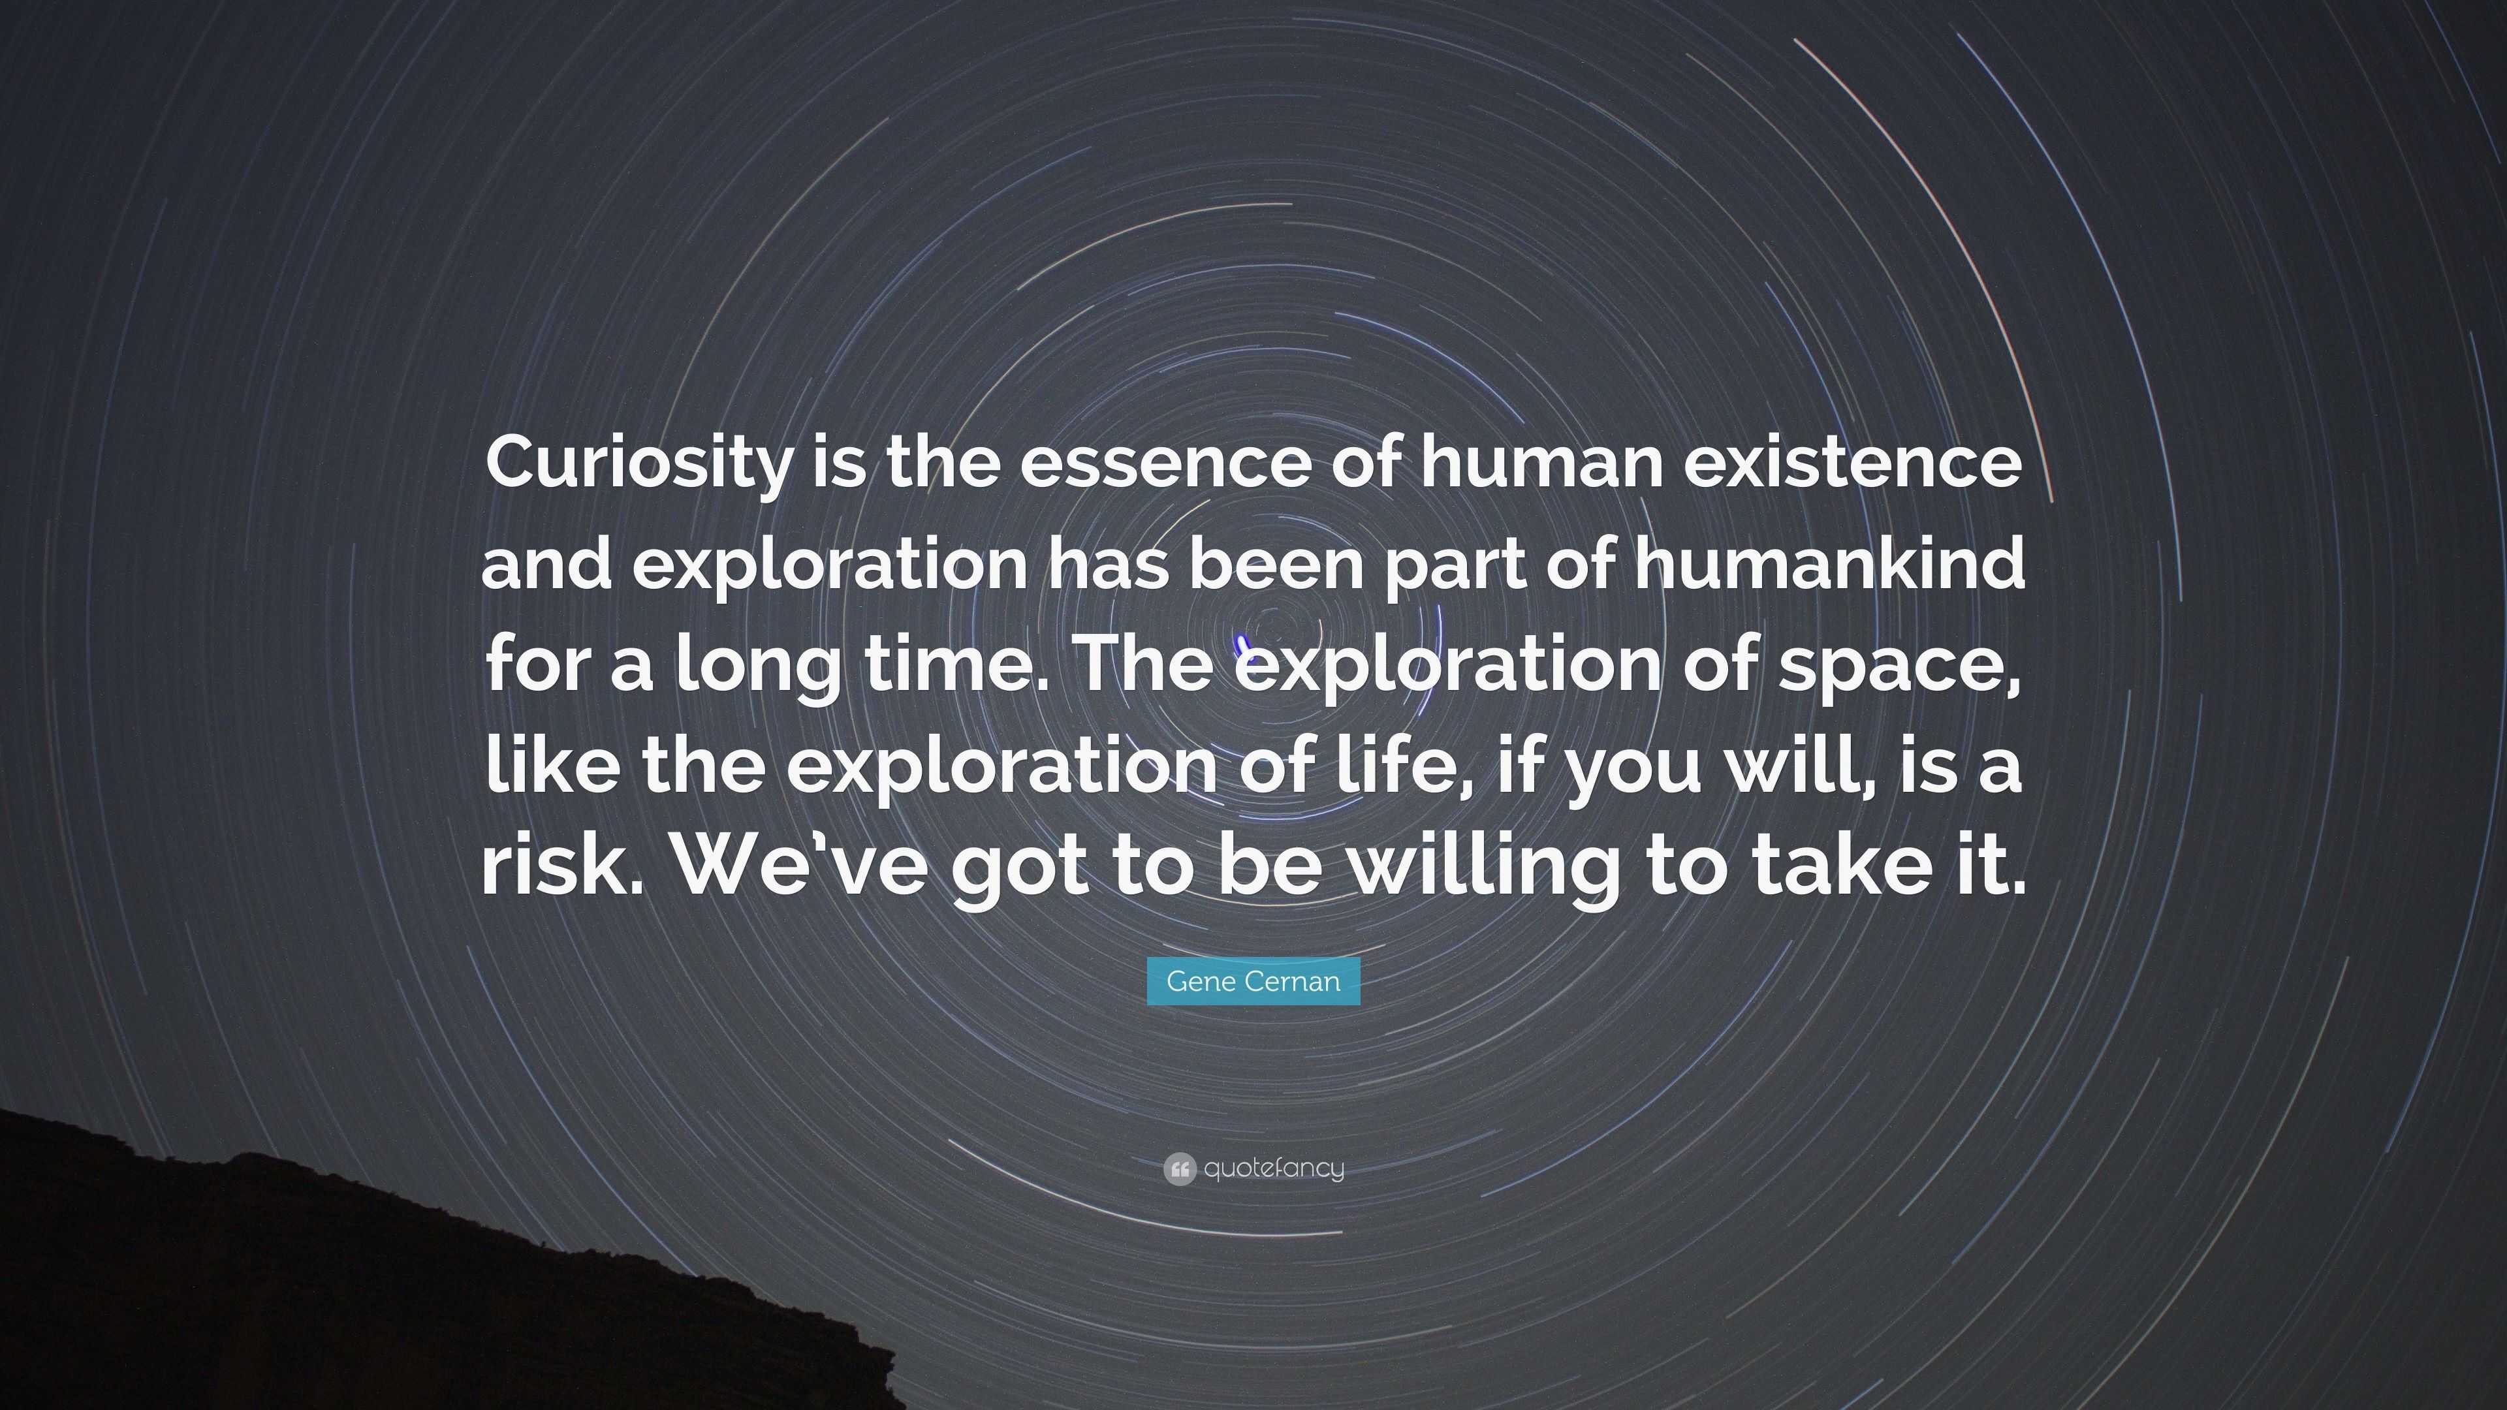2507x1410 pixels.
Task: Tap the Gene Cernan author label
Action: (1253, 981)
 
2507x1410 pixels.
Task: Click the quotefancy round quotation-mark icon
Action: (1178, 1168)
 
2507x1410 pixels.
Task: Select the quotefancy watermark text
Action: (1274, 1168)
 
